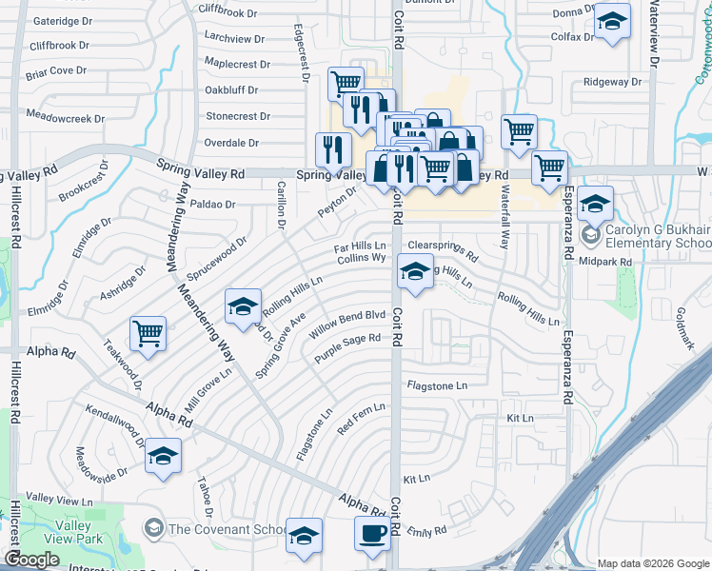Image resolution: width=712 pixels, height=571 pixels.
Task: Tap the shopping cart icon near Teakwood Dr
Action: (148, 333)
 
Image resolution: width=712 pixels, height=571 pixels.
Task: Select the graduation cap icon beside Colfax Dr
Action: (612, 21)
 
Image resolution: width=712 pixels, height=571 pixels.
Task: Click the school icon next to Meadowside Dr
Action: (164, 456)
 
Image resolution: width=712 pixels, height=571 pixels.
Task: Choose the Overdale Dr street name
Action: (232, 143)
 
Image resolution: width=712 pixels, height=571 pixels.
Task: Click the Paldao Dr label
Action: (212, 204)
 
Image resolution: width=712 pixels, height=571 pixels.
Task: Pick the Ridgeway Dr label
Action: (608, 82)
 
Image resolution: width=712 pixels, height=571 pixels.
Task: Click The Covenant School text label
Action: (227, 529)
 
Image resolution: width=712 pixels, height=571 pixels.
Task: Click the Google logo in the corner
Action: (31, 560)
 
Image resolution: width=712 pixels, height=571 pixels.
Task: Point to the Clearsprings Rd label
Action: (443, 250)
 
